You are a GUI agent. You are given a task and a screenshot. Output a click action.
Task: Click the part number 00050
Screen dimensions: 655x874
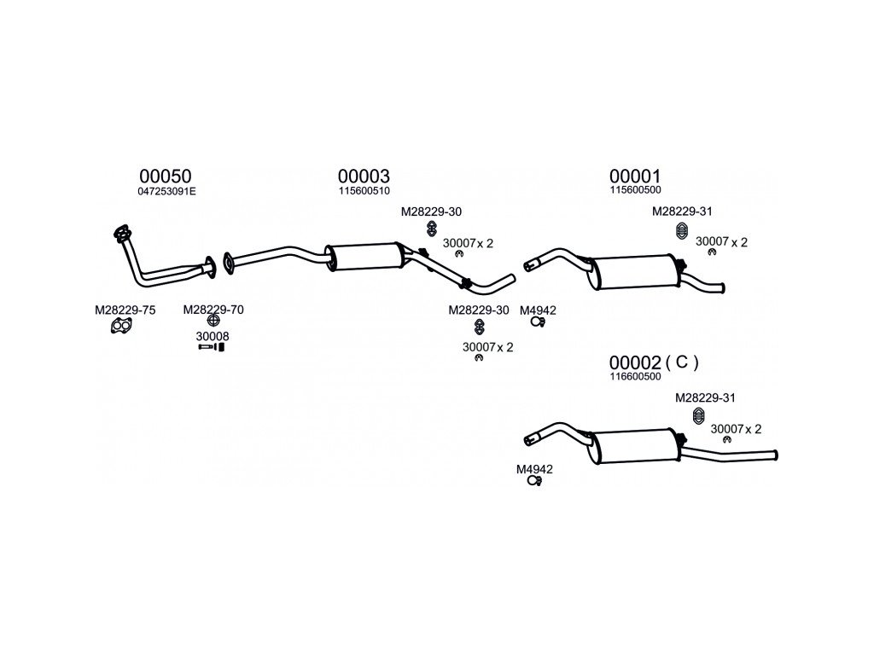pos(166,176)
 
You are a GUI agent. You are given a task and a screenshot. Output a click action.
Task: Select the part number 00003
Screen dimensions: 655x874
pos(364,176)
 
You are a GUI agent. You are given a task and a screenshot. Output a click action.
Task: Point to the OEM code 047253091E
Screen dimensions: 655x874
pos(166,192)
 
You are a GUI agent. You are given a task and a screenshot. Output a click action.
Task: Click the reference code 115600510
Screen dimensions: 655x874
pos(364,192)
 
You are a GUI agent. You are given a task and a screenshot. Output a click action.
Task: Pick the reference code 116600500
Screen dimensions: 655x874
pos(635,377)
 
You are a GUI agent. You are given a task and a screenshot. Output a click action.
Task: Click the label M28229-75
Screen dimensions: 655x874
pos(125,310)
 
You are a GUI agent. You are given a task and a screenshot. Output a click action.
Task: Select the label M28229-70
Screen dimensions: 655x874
pos(213,310)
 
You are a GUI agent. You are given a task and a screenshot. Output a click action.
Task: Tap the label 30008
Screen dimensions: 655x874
pos(213,336)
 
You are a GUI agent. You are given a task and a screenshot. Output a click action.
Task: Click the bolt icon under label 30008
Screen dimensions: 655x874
pos(211,348)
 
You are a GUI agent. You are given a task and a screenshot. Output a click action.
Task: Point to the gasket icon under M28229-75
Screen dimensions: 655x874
pos(122,325)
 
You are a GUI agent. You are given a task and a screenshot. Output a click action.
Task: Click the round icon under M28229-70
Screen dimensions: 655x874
pos(213,322)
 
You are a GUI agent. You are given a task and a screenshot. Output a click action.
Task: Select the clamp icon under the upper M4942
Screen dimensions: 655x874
pos(537,322)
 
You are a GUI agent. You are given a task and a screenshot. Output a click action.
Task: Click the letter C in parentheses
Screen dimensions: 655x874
pos(681,362)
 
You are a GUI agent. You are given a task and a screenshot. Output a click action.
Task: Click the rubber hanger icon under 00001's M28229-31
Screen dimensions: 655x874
pos(682,231)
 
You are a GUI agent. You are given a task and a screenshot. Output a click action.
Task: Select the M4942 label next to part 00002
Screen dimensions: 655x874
pos(534,469)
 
